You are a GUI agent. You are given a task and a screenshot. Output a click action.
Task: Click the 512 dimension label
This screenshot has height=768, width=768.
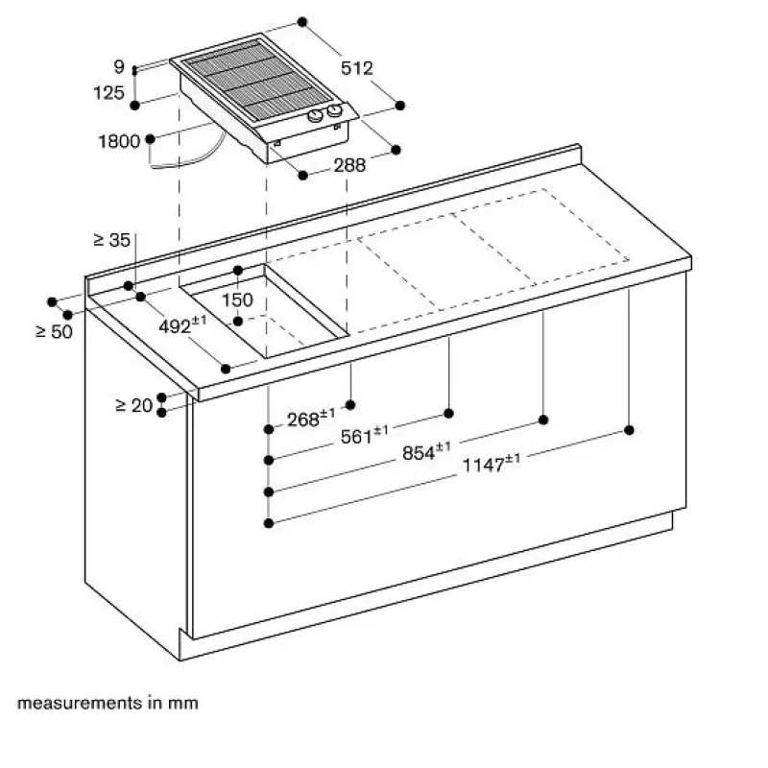pos(356,67)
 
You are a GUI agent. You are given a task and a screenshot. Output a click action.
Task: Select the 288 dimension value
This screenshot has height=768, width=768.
pos(349,165)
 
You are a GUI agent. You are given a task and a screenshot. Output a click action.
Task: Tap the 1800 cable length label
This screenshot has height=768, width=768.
pos(119,141)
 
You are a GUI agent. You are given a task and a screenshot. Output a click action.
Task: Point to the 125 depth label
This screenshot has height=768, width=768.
pos(108,92)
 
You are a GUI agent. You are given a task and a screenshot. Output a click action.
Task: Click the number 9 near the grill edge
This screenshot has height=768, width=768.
pos(119,66)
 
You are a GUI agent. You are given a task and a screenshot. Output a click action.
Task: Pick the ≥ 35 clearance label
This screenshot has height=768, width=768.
pos(111,239)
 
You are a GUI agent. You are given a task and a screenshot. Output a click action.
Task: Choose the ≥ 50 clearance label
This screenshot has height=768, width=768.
pos(55,331)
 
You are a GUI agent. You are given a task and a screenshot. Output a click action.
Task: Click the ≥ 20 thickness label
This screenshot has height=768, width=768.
pos(134,405)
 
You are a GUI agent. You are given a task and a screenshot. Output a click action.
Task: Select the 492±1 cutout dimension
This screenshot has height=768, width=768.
pos(182,324)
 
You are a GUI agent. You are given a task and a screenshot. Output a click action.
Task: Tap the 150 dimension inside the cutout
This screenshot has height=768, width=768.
pos(237,300)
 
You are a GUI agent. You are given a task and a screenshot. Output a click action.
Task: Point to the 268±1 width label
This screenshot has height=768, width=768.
pos(311,419)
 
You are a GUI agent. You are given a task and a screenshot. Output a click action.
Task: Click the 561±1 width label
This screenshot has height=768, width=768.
pos(364,435)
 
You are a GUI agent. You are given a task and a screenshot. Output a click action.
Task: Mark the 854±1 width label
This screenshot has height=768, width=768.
pos(426,451)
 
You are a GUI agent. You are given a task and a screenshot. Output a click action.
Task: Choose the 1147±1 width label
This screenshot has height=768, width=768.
pos(492,464)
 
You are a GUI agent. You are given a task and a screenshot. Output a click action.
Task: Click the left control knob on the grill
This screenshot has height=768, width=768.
pos(316,116)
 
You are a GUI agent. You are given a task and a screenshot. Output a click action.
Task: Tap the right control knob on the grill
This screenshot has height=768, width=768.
pos(335,110)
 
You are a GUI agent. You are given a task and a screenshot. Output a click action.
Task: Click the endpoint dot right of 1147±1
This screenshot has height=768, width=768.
pos(630,430)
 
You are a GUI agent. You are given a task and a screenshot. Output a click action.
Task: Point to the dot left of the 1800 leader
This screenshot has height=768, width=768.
pos(151,139)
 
